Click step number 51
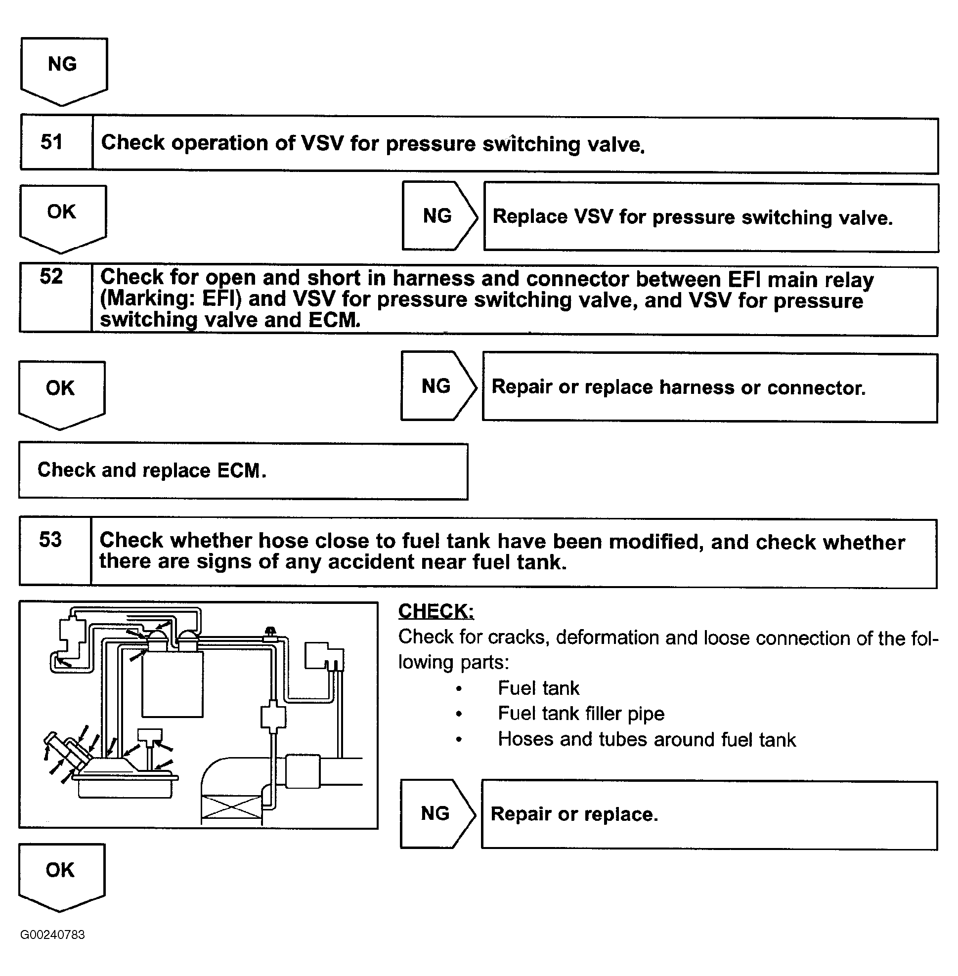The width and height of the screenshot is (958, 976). coord(51,142)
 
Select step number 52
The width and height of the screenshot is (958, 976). coord(51,277)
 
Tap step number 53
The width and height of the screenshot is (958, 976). coord(50,540)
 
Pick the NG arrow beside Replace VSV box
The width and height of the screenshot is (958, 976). coord(438,216)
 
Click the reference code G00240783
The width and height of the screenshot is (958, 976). coord(52,934)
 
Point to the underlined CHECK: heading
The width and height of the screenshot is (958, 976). coord(435,611)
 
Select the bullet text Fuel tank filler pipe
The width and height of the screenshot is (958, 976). coord(581,714)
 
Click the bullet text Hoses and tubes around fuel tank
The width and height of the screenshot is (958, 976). coord(647,740)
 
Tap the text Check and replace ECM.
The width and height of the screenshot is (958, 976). coord(151,470)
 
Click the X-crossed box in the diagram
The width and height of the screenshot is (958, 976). coord(231,806)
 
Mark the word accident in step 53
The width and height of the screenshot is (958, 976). coord(372,561)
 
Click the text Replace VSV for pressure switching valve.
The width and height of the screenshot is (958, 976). coord(693,217)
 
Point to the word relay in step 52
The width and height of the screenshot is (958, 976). coord(848,279)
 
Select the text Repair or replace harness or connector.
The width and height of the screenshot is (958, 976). coord(678,387)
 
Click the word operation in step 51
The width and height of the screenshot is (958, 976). coord(233,143)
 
